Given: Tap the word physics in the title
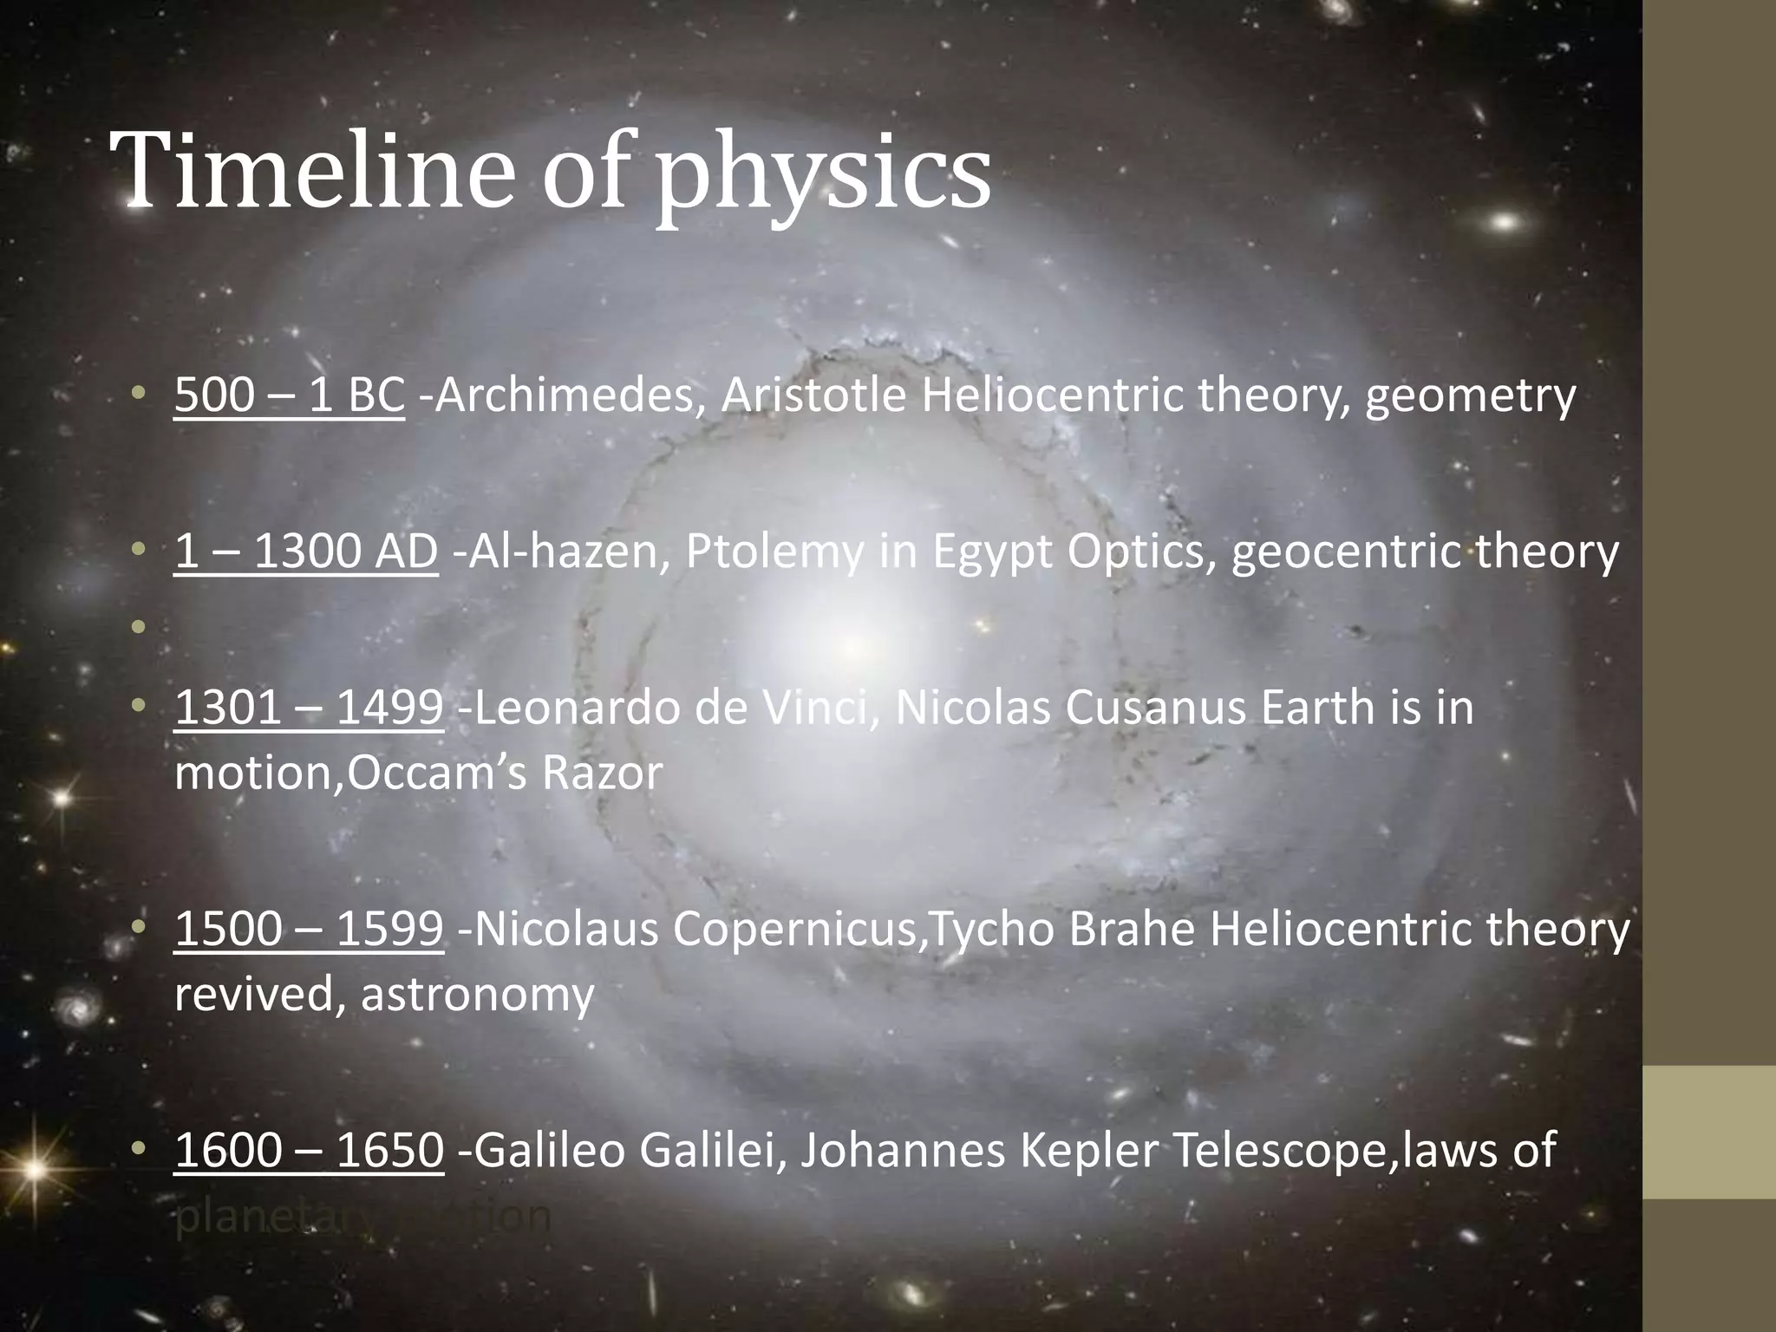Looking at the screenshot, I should pos(822,173).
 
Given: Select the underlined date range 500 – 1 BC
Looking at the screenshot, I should pos(289,395).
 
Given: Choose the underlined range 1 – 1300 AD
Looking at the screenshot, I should pos(305,552).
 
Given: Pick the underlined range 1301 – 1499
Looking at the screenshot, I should pos(309,708).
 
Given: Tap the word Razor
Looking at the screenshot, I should pos(602,773).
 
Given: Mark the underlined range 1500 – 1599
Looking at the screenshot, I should pos(309,929).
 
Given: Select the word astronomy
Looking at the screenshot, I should pos(477,996).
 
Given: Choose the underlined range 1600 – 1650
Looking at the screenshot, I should pos(309,1150).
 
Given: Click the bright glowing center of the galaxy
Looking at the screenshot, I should pos(854,646).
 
